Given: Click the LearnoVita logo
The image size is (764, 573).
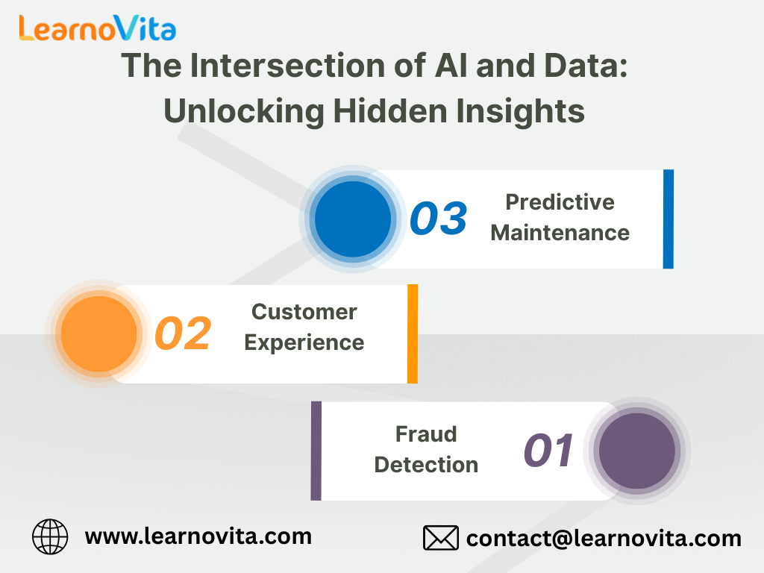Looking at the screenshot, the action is coord(98,28).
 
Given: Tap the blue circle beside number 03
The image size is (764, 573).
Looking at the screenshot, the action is coord(353,219).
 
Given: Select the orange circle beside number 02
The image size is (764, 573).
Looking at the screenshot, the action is coord(99,334).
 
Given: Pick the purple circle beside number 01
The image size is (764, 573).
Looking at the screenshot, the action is coord(637,451).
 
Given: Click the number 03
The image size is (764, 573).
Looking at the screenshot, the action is coord(439,219).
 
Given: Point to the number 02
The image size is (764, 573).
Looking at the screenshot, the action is coord(183,334).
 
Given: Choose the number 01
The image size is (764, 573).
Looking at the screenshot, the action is coord(548,450).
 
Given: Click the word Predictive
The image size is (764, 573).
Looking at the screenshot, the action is coord(560,202).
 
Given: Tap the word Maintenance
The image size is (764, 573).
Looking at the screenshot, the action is coord(560,233).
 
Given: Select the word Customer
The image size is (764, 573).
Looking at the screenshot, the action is coord(304,312).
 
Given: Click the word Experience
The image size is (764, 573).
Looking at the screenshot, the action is coord(304,343).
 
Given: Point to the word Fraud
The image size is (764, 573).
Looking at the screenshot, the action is coord(426,434).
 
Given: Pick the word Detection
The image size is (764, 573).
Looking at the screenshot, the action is coord(426,465).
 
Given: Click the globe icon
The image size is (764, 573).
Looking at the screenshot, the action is coord(50,536).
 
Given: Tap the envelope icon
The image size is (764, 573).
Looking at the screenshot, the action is coord(440,538).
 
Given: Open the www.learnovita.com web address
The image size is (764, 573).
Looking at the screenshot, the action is coord(198,537).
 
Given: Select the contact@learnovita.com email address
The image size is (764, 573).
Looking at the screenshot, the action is coord(604,539).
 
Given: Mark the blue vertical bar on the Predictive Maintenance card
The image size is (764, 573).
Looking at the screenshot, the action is coord(668,219).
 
